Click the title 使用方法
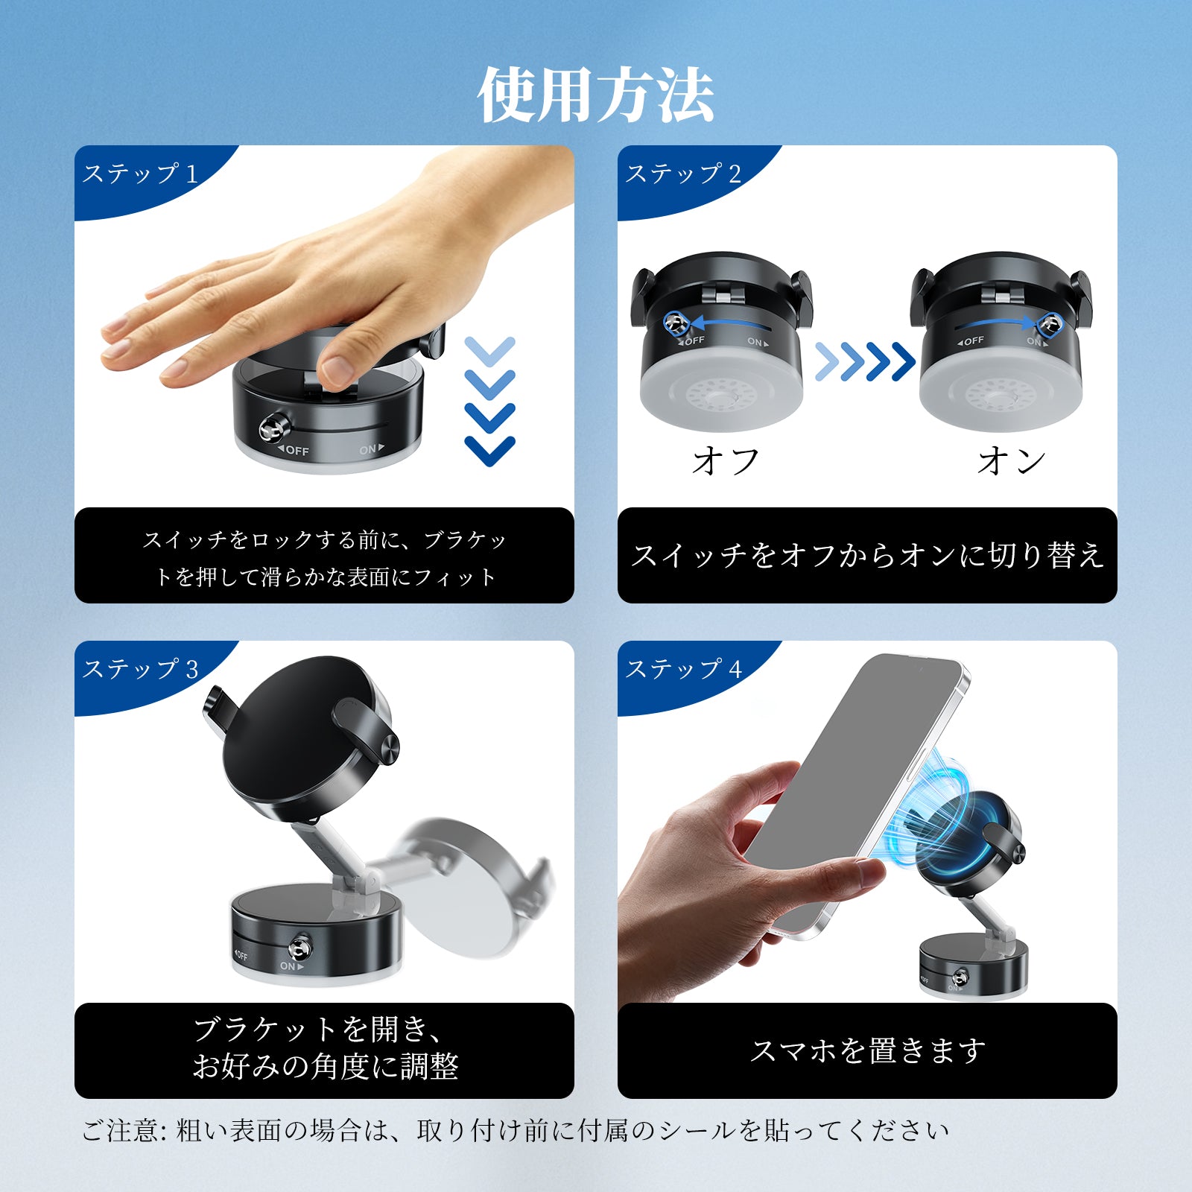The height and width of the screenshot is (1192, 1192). coord(596,95)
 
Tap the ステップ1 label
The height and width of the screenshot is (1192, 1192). coord(140,174)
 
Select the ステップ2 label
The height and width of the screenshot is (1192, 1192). coord(683,174)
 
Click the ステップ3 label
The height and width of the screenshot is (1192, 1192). coord(140,669)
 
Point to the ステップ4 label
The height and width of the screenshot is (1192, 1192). coord(683,669)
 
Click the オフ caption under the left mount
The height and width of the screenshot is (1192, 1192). coord(726,461)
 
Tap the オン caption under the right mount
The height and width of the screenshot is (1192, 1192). coord(1011,461)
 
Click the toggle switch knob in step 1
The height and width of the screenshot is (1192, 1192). coord(271,428)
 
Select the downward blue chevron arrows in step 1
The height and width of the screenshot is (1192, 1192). coord(489,402)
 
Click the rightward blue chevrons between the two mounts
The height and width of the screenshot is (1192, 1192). coord(865,361)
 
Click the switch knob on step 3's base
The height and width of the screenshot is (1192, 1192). coord(300,947)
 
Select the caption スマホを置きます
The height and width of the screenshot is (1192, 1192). coord(867,1050)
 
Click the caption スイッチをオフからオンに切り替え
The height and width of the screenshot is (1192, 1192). coord(867,555)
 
